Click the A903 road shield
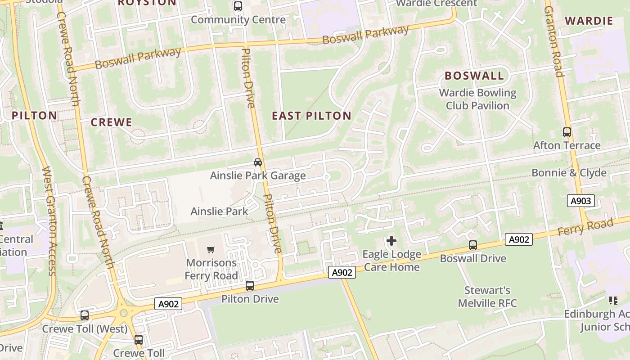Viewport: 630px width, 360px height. pos(580,201)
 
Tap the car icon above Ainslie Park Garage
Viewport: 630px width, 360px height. pos(257,162)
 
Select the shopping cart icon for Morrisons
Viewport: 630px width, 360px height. pos(211,249)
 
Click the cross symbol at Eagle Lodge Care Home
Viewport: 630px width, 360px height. pos(391,241)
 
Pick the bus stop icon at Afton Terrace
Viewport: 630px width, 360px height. pos(567,132)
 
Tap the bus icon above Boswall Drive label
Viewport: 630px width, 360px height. pos(473,245)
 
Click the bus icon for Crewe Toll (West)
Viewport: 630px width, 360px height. pos(85,315)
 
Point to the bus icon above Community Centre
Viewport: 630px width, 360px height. pos(238,7)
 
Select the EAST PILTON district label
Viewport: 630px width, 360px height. pos(311,116)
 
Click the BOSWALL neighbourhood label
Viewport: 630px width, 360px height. pos(474,76)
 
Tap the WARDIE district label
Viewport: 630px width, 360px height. pos(589,21)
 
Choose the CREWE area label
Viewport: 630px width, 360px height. pos(112,122)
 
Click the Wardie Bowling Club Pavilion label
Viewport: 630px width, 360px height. pos(477,99)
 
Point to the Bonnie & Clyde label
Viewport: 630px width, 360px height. pos(569,173)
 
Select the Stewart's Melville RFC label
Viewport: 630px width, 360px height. pos(487,297)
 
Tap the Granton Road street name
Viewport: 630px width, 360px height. pos(553,42)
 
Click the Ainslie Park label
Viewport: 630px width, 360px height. pos(219,211)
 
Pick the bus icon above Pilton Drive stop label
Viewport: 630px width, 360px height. pos(250,286)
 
